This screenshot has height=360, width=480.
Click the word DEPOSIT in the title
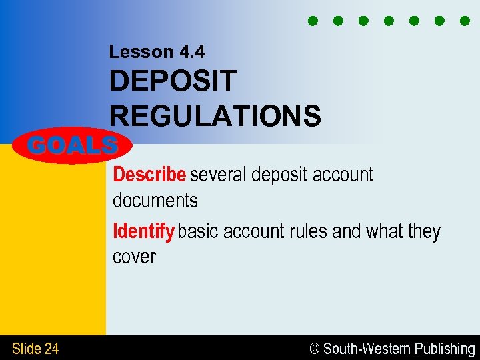(173, 81)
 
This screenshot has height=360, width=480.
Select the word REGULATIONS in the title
(215, 115)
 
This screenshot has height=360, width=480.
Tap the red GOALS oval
(73, 145)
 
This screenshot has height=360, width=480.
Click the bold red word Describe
(149, 175)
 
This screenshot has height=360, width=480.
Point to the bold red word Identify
(143, 231)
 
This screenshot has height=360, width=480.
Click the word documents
(155, 200)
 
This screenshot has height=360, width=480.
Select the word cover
(134, 257)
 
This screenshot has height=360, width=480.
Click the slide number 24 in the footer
(51, 348)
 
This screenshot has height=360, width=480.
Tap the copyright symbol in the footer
(315, 349)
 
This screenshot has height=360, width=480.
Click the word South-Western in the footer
(367, 349)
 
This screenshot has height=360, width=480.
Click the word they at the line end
(424, 231)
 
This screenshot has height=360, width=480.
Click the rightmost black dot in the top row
(465, 21)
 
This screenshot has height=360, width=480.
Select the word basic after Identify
(199, 231)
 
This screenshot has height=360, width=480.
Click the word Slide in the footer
(27, 348)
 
